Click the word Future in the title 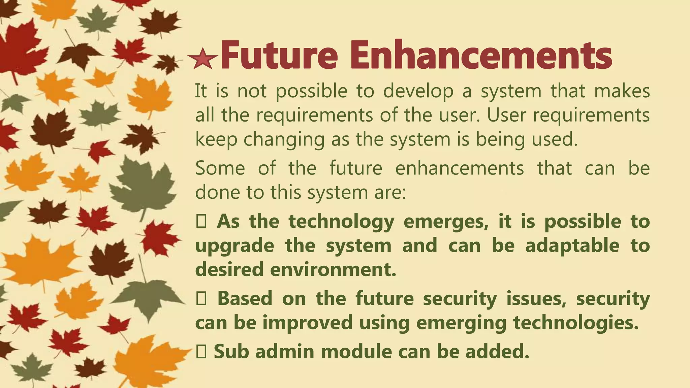279,55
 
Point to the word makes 622,91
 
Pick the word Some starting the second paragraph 220,168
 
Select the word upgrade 234,246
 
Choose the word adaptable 572,245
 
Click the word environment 334,269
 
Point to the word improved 307,323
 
